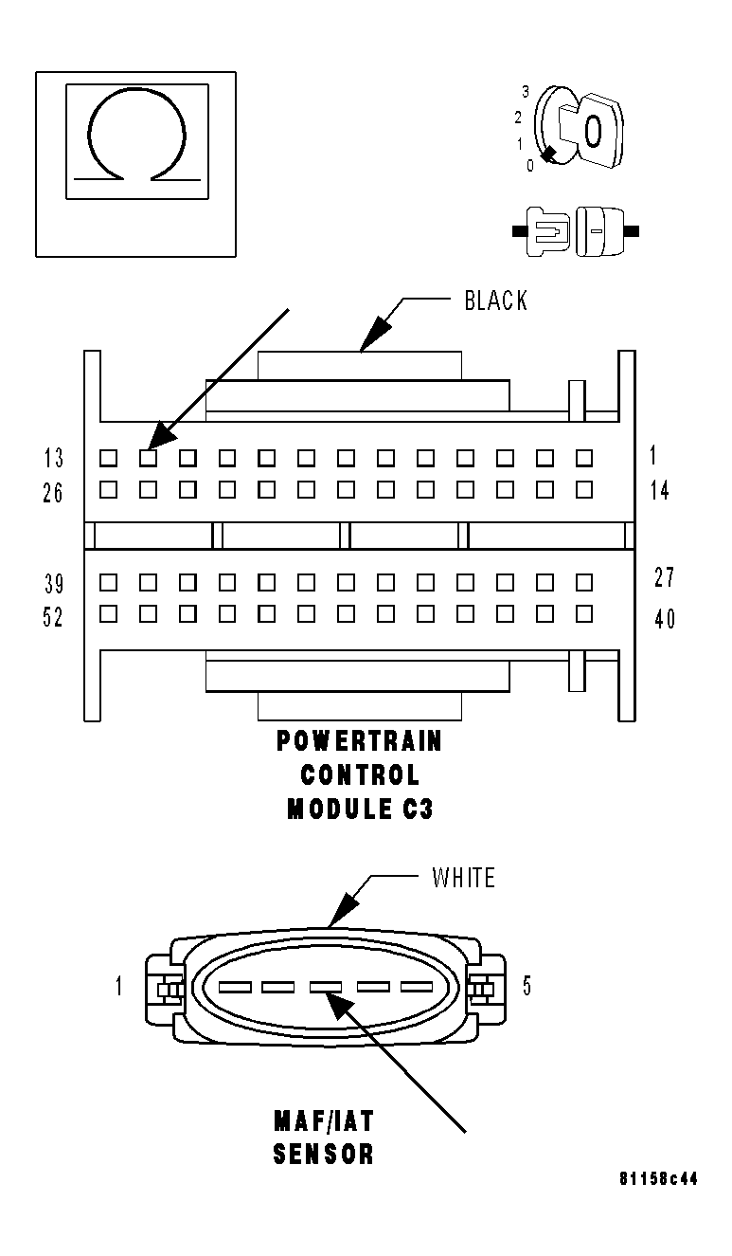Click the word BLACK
pyautogui.click(x=495, y=301)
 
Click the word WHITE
pyautogui.click(x=463, y=878)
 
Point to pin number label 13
pyautogui.click(x=54, y=459)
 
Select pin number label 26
pyautogui.click(x=54, y=493)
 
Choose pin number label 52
pyautogui.click(x=54, y=617)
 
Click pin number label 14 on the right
pyautogui.click(x=660, y=491)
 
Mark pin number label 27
pyautogui.click(x=664, y=577)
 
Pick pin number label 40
pyautogui.click(x=665, y=619)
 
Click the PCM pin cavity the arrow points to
pyautogui.click(x=148, y=458)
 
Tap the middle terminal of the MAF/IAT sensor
pyautogui.click(x=325, y=987)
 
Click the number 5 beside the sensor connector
pyautogui.click(x=527, y=987)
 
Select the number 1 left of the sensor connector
pyautogui.click(x=119, y=987)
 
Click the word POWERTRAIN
pyautogui.click(x=359, y=740)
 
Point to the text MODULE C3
pyautogui.click(x=359, y=810)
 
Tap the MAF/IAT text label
pyautogui.click(x=323, y=1121)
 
